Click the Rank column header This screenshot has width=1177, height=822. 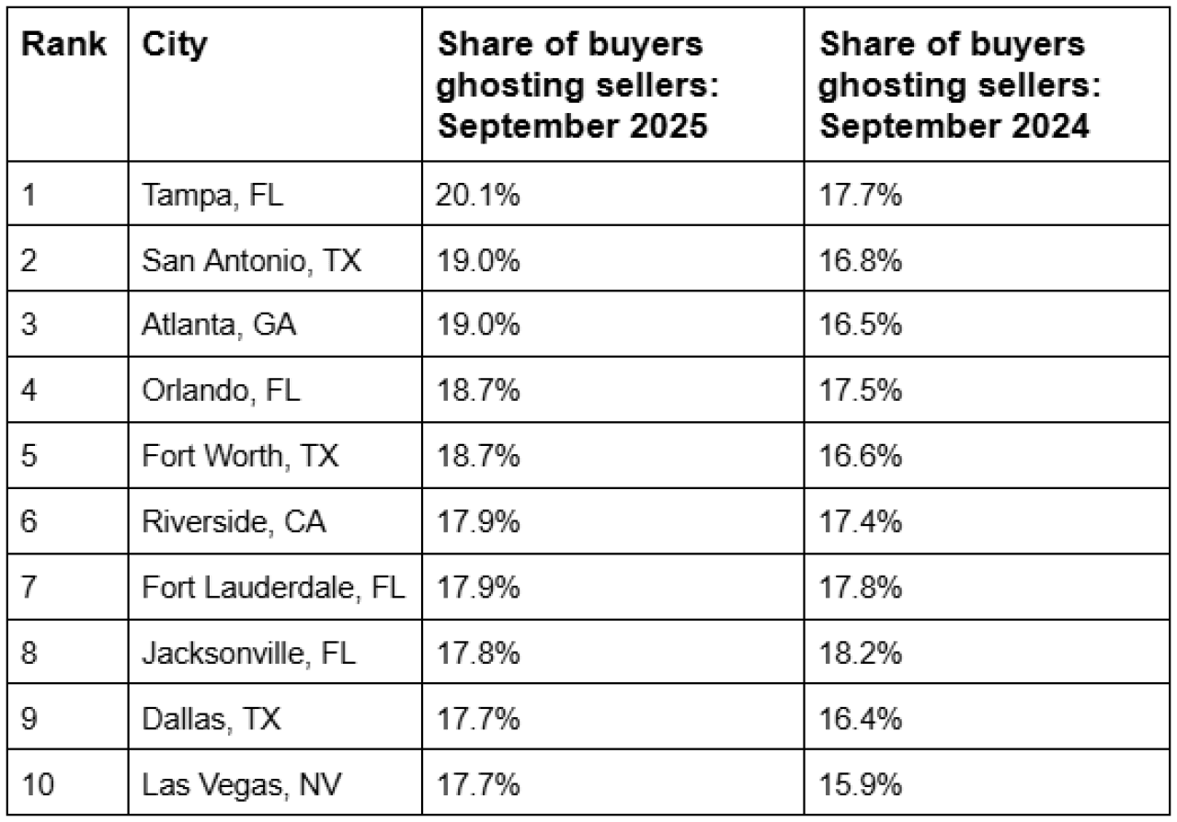63,44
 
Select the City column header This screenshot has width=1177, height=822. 175,44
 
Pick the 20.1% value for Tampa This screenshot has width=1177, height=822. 477,196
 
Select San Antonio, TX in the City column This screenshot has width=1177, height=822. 251,261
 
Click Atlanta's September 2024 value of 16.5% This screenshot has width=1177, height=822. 860,326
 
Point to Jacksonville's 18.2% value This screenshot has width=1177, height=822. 860,654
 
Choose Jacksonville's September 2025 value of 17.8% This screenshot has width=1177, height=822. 477,654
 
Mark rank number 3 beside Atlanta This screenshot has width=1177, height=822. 29,326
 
